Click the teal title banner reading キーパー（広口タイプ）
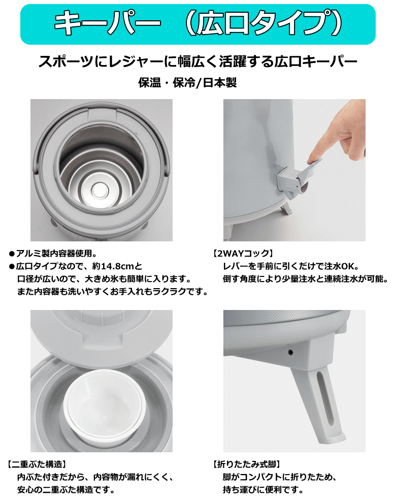pos(197,24)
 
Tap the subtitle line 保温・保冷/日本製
pos(187,82)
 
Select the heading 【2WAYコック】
pos(243,253)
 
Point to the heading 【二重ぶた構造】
pos(37,464)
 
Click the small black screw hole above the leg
pos(290,352)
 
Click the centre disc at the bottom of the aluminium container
pos(101,190)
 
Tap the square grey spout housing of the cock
pos(287,181)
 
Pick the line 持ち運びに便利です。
pos(263,489)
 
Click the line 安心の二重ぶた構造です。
pos(65,489)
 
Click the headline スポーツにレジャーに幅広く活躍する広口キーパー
pos(197,61)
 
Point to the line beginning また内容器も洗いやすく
pos(113,291)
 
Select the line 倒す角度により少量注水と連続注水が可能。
pos(305,278)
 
